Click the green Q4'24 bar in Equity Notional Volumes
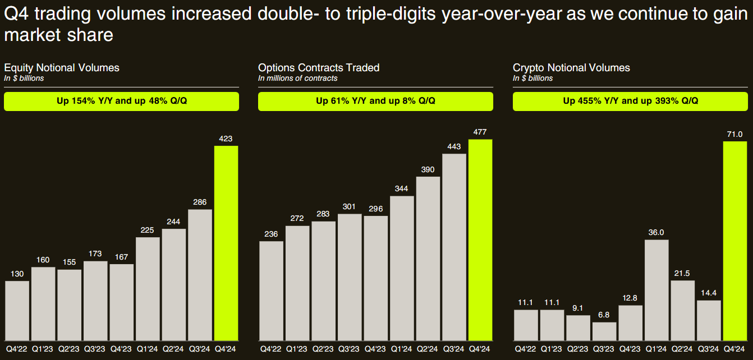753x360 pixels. coord(226,243)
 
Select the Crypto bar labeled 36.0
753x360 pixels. coord(656,290)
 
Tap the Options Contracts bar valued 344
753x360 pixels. coord(402,268)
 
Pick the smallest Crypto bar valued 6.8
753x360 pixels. coord(604,331)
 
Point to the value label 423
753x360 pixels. coord(226,139)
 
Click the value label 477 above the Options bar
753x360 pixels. coord(480,132)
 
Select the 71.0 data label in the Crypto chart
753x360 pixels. coord(735,134)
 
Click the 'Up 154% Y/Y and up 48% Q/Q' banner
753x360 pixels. coord(121,101)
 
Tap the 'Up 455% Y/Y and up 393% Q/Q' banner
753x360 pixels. coord(630,101)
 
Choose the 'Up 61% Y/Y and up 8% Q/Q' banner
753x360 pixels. coord(375,101)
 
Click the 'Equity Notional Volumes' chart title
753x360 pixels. coord(62,68)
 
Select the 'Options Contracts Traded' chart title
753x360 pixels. coord(319,68)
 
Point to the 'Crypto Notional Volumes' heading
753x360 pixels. coord(571,68)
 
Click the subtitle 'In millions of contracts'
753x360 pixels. coord(298,79)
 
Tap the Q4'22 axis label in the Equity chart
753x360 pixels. coord(17,349)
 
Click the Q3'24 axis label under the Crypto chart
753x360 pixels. coord(709,349)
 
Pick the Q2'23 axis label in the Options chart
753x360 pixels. coord(323,349)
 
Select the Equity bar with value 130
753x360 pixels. coord(17,311)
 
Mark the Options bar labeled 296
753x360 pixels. coord(375,278)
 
